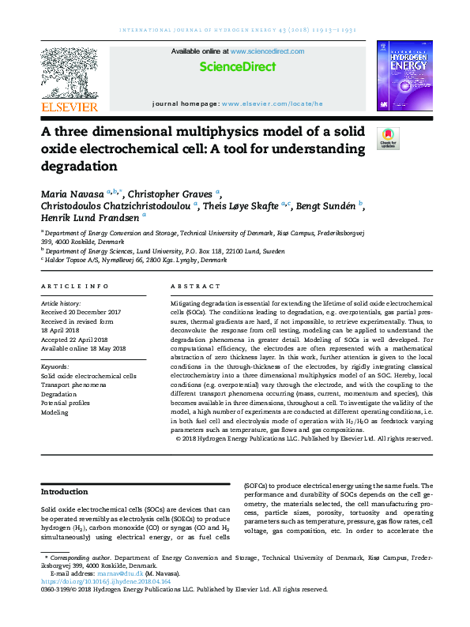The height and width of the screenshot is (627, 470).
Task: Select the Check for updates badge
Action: pos(388,138)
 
